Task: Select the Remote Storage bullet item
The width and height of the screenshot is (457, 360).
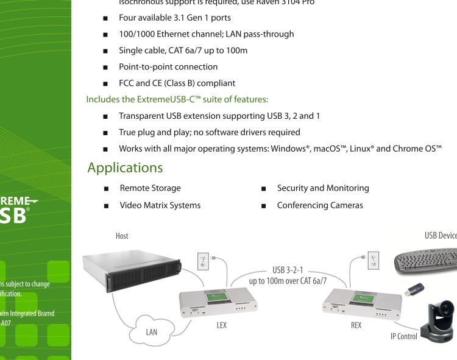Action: tap(150, 189)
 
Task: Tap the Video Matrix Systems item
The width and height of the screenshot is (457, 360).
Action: tap(160, 205)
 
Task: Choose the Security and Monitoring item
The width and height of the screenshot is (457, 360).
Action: tap(322, 189)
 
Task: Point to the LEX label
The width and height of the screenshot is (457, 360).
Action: tap(221, 325)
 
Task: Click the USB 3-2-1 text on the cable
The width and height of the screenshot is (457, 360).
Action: tap(286, 269)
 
